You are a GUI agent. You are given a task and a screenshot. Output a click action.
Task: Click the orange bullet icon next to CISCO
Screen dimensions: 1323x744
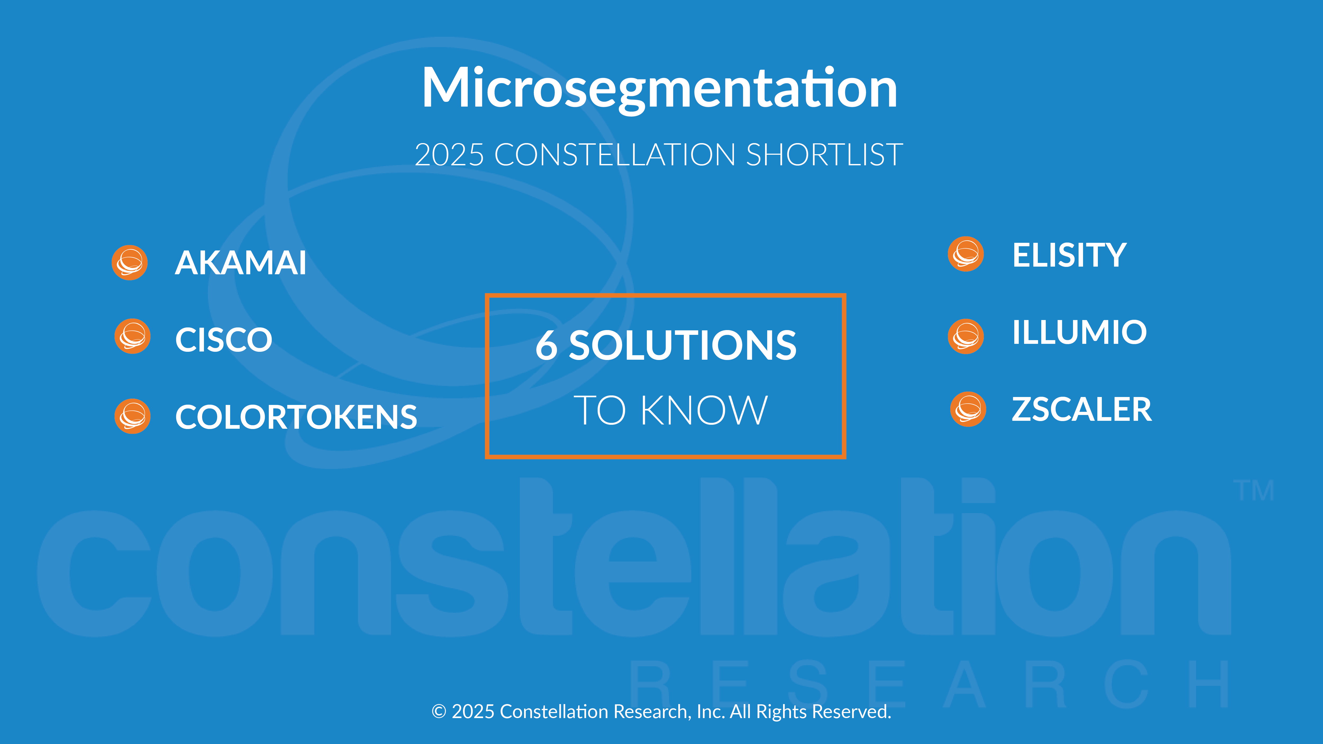133,336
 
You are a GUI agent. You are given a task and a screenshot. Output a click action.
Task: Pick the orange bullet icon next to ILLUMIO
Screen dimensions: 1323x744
966,336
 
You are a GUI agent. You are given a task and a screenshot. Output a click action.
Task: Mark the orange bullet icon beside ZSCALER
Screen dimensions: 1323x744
968,409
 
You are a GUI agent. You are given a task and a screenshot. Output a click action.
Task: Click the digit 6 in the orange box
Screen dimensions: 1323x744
547,345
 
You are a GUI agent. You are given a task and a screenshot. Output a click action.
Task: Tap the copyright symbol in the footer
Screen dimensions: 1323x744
439,712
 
